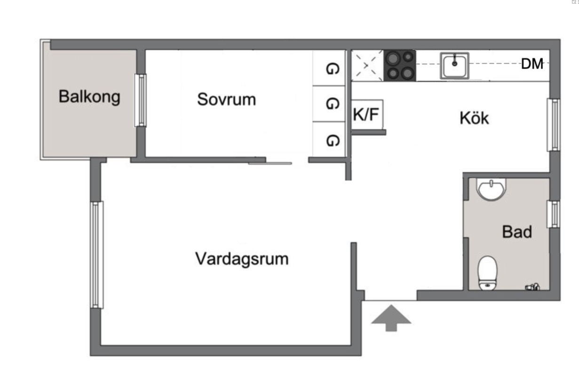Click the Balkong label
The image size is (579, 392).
point(89,97)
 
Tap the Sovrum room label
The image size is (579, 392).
point(226,99)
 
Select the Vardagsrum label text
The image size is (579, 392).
point(242,259)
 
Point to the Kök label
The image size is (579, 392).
point(474,118)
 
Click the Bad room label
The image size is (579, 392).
point(517,232)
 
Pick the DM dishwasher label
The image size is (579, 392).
point(532,64)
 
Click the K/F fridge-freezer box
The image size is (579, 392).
point(367,114)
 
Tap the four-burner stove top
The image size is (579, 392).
point(400,65)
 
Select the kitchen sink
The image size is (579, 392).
point(454,65)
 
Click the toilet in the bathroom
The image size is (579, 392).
point(487,273)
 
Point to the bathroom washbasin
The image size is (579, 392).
point(491,189)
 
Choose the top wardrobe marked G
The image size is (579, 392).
point(332,69)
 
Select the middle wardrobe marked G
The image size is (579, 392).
point(332,104)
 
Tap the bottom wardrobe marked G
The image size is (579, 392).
point(332,140)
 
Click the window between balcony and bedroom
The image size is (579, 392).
point(140,100)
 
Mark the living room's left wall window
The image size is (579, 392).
point(97,254)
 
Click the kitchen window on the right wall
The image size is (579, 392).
point(555,125)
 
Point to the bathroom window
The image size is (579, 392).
point(555,214)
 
